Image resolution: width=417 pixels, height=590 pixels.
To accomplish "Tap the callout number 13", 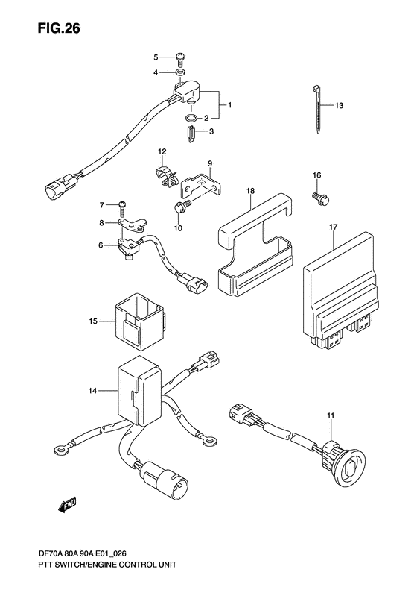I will point(339,106).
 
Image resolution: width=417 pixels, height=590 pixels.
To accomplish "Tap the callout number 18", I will point(251,192).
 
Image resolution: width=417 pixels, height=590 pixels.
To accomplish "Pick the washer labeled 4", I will point(181,72).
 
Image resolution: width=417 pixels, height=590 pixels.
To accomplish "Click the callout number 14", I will point(92,390).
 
